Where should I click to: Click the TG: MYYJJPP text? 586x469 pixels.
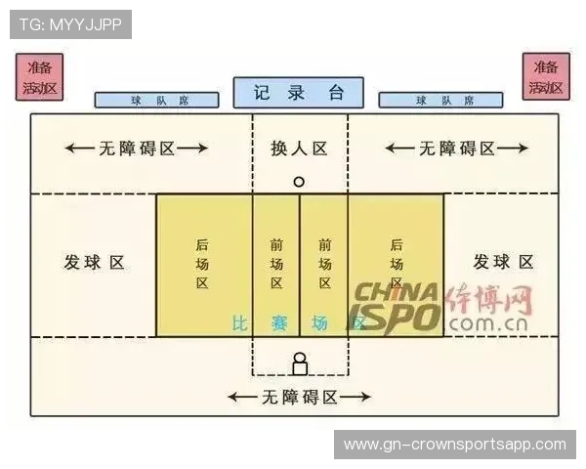[x=70, y=23]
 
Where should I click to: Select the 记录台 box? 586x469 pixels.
[x=298, y=93]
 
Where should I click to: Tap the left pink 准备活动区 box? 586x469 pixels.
[x=41, y=77]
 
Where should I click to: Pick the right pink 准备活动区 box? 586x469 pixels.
[x=545, y=77]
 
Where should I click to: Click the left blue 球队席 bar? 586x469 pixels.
[x=157, y=100]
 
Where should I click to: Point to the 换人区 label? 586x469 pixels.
[x=299, y=149]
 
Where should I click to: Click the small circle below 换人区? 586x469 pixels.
[x=299, y=182]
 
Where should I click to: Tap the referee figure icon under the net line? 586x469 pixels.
[x=300, y=363]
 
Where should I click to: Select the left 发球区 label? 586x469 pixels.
[x=95, y=263]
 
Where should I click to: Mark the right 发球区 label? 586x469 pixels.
[x=503, y=262]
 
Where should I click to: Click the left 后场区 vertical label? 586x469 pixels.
[x=202, y=264]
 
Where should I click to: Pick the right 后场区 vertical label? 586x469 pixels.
[x=397, y=264]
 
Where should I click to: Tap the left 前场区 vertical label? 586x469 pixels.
[x=276, y=264]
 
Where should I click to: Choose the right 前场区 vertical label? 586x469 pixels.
[x=324, y=264]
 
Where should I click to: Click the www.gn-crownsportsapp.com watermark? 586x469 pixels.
[x=454, y=445]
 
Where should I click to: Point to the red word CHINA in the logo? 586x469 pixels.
[x=396, y=292]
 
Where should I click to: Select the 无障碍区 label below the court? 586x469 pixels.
[x=299, y=398]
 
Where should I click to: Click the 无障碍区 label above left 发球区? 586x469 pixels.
[x=137, y=149]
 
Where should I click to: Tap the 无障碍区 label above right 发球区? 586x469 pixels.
[x=456, y=149]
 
